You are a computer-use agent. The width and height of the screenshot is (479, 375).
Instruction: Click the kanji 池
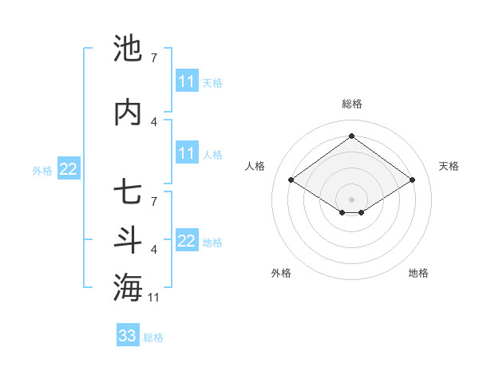tap(128, 49)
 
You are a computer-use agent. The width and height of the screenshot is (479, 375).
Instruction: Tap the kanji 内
tap(128, 112)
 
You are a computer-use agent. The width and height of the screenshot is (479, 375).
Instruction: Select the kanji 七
tap(128, 192)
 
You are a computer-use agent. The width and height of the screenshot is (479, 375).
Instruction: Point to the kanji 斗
tap(128, 240)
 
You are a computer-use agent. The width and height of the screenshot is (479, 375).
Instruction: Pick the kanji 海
tap(128, 288)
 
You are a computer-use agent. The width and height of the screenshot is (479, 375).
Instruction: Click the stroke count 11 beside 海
tap(155, 298)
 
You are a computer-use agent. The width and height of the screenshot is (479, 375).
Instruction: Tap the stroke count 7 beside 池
tap(154, 58)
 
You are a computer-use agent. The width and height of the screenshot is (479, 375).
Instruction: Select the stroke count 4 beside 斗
tap(154, 250)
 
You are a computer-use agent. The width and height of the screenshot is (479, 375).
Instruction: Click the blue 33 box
tap(127, 336)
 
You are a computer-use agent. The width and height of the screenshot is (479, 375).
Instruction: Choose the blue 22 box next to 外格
tap(68, 168)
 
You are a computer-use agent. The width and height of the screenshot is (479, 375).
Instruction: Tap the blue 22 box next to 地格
tap(187, 241)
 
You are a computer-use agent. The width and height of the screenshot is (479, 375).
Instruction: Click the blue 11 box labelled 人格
tap(187, 153)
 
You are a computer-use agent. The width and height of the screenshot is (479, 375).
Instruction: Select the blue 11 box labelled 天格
tap(187, 81)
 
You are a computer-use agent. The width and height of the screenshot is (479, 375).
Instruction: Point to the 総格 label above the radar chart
tap(351, 104)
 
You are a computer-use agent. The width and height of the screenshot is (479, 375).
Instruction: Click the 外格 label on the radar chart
tap(281, 273)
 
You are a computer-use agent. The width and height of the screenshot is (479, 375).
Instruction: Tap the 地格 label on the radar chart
tap(418, 273)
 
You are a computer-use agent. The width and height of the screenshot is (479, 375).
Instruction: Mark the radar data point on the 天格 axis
tap(412, 180)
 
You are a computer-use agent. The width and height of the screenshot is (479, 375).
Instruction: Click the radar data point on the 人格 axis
tap(291, 180)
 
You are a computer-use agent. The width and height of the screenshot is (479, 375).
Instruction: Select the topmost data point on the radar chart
tap(351, 136)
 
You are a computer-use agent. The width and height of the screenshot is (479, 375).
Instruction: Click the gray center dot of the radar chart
tap(351, 199)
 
